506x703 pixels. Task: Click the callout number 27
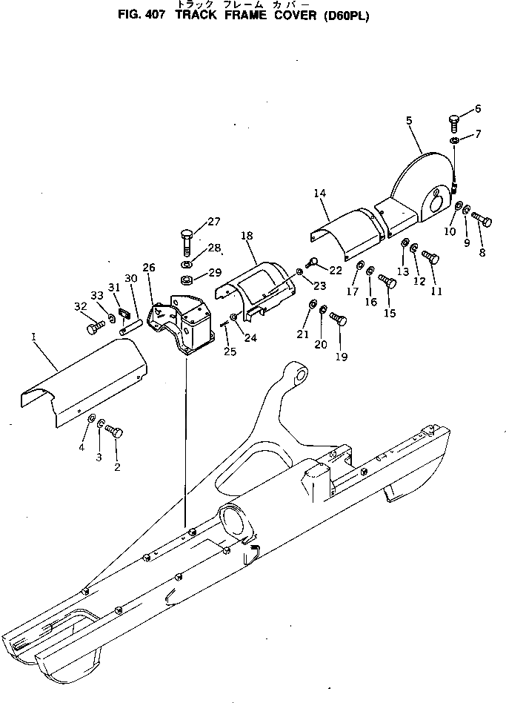click(x=213, y=221)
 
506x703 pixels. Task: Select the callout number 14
click(x=319, y=194)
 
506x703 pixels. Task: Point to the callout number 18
click(x=247, y=235)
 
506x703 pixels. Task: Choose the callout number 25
click(x=230, y=351)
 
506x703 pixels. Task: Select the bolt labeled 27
click(x=187, y=242)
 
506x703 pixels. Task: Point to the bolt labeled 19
click(x=339, y=320)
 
